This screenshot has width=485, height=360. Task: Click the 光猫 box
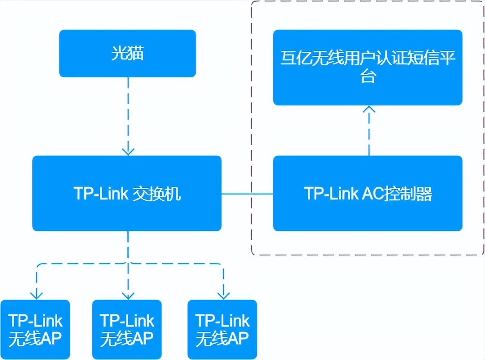[127, 53]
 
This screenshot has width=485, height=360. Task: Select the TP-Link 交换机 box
[127, 193]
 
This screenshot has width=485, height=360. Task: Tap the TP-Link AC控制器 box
[368, 193]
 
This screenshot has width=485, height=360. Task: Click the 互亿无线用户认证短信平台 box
[368, 68]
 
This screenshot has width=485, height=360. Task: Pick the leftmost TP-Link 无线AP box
[35, 329]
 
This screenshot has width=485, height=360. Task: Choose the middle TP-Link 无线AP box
[127, 329]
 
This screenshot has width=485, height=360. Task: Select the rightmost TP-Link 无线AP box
[223, 329]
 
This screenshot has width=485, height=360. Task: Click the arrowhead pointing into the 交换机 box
[128, 151]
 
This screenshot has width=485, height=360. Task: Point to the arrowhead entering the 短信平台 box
[369, 109]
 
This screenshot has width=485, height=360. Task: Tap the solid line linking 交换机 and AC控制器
[247, 194]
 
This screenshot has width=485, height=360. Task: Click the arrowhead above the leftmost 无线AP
[37, 294]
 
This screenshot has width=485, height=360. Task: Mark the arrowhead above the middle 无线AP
[128, 294]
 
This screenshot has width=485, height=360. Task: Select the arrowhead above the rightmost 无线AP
[223, 294]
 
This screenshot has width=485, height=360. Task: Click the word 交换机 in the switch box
[157, 194]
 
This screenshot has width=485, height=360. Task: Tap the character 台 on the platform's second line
[368, 77]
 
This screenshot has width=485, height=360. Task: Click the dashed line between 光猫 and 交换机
[128, 114]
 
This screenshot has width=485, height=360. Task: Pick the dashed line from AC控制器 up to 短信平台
[369, 134]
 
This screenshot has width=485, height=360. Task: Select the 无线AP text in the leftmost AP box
[35, 338]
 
